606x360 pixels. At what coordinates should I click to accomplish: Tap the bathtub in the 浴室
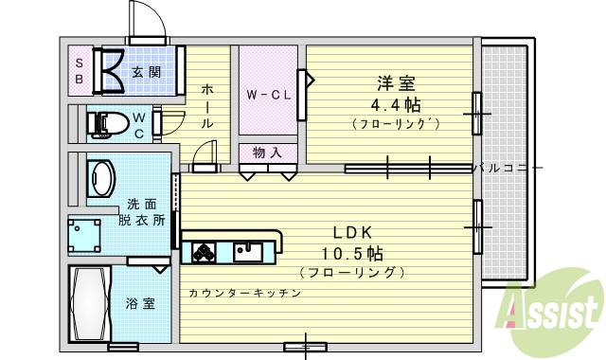91,305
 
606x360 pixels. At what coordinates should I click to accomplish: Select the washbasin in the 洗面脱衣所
100,178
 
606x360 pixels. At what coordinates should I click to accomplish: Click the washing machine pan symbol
83,233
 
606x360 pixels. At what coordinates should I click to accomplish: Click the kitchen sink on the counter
249,251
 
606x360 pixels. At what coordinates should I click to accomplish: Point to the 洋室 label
396,82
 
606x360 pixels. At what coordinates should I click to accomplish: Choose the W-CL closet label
268,95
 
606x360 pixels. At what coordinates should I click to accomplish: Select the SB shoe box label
80,71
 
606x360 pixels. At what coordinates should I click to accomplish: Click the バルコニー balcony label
508,168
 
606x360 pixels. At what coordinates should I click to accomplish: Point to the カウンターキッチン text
244,294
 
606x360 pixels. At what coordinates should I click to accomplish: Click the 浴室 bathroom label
141,304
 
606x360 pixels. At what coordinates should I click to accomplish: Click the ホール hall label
207,105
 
